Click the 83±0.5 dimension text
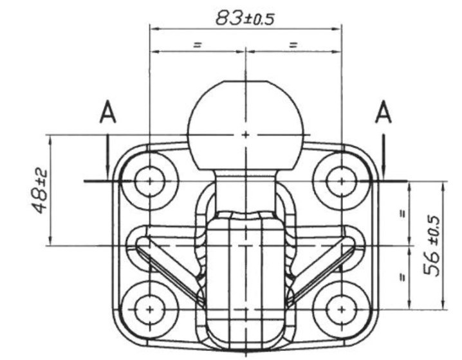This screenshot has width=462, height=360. pyautogui.click(x=245, y=18)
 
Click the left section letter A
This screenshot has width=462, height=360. pyautogui.click(x=108, y=112)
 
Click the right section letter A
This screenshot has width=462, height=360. pyautogui.click(x=383, y=112)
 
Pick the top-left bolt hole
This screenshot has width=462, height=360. pyautogui.click(x=150, y=181)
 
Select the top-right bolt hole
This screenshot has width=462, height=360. pyautogui.click(x=341, y=181)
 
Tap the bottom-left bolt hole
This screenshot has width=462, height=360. pyautogui.click(x=150, y=310)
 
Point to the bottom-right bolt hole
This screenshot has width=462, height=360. pyautogui.click(x=341, y=310)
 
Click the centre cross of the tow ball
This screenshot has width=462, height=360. pyautogui.click(x=245, y=135)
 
